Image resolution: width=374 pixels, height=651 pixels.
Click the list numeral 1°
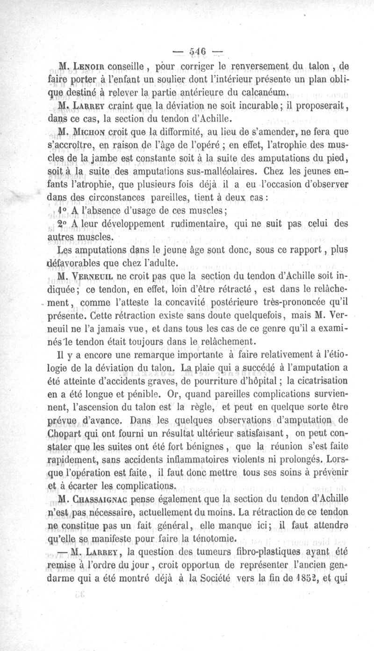(62, 210)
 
